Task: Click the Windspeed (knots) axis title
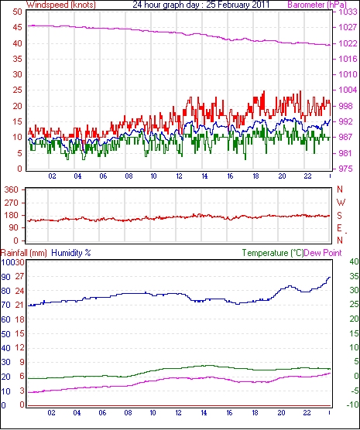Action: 61,5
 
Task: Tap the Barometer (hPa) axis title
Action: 317,5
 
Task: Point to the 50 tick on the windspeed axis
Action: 17,12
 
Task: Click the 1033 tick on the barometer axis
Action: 348,12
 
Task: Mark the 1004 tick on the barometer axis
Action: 348,90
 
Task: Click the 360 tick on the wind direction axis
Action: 12,189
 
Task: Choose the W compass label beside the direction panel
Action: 341,203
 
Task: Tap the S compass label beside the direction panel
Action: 339,216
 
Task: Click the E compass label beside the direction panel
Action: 339,228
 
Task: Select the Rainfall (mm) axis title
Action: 24,253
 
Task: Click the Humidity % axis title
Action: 71,253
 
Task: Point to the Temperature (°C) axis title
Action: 273,253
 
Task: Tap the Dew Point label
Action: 323,253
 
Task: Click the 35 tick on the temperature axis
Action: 355,276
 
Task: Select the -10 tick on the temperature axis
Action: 353,404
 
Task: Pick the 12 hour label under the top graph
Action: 179,176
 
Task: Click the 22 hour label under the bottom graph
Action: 307,412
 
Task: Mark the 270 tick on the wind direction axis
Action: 12,203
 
